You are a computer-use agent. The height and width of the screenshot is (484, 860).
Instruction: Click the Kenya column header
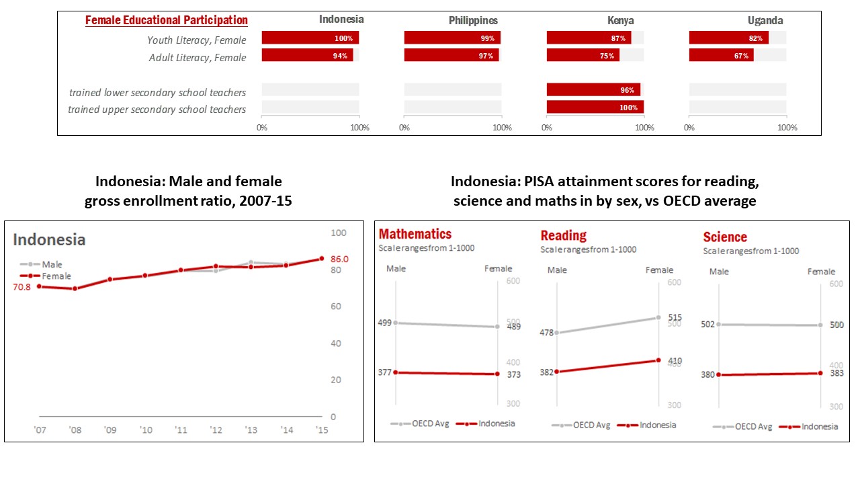coord(620,21)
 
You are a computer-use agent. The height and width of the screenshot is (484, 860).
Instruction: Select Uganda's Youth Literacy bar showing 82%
coord(729,38)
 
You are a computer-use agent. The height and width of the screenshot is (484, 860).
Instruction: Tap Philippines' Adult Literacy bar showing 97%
coord(451,56)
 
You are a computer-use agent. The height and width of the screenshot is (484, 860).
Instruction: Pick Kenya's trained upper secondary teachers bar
coord(595,108)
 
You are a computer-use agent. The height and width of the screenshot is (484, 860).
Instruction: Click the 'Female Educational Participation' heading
coord(166,21)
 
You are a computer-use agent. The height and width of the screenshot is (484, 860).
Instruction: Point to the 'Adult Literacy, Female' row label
coord(198,58)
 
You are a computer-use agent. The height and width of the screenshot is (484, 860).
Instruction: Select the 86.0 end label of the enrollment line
coord(341,259)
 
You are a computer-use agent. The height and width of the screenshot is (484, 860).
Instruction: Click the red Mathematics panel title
coord(415,235)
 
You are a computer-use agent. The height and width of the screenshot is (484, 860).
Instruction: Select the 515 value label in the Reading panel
coord(675,318)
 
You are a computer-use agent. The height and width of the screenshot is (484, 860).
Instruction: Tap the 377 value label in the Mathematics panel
coord(384,372)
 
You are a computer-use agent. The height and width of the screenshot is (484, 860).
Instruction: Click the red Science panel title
coord(725,237)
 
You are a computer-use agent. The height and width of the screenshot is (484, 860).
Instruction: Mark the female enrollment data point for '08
coord(75,289)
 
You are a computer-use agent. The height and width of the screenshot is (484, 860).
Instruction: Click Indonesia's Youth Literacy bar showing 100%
coord(310,38)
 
